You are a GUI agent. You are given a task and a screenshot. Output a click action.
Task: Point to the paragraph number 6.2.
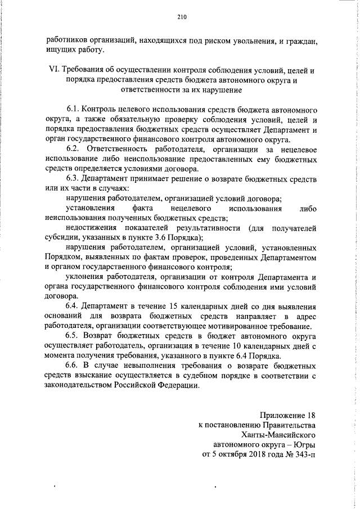(74, 148)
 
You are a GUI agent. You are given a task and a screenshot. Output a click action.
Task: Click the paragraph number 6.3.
(73, 178)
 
